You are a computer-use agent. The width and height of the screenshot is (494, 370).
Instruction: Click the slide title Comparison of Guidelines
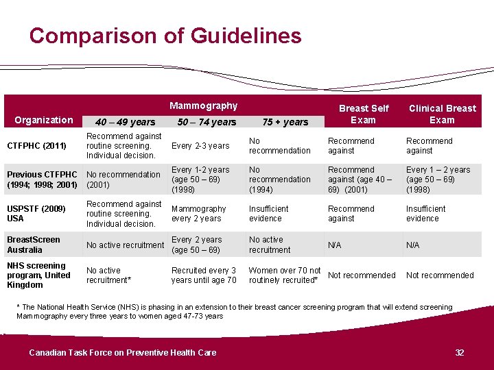click(x=165, y=36)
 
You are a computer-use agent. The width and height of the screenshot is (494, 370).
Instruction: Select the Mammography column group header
click(x=204, y=106)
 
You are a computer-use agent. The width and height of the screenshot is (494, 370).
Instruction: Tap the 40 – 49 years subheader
click(x=125, y=122)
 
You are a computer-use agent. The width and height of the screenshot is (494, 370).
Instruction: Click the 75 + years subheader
click(x=285, y=122)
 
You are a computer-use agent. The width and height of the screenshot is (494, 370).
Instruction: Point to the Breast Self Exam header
click(x=364, y=114)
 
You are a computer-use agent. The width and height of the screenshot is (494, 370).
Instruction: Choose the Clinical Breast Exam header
click(x=443, y=114)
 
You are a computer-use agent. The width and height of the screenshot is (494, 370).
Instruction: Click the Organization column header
click(x=44, y=120)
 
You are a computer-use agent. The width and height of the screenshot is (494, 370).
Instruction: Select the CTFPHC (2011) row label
click(x=36, y=146)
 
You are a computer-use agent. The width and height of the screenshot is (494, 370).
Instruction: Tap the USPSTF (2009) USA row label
click(x=36, y=214)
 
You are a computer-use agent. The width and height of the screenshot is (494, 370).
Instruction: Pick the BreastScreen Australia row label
click(x=34, y=245)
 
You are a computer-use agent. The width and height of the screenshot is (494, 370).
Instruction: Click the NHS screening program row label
click(x=38, y=275)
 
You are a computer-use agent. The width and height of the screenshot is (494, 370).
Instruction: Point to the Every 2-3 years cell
click(x=200, y=146)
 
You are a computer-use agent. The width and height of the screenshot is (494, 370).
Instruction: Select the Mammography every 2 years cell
click(x=199, y=214)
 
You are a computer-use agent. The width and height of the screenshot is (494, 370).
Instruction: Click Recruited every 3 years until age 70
click(x=204, y=275)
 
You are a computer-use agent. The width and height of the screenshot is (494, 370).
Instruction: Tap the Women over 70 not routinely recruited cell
click(x=285, y=275)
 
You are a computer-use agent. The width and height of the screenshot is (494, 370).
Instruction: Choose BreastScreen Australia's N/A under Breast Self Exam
click(x=335, y=245)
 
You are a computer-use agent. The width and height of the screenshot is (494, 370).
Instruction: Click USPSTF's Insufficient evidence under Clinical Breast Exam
click(x=425, y=214)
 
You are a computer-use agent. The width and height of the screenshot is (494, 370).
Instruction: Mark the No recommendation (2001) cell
click(x=123, y=180)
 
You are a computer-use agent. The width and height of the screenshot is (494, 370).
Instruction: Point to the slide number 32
click(x=460, y=352)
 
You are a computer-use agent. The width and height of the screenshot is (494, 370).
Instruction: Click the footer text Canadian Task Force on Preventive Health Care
click(x=123, y=353)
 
